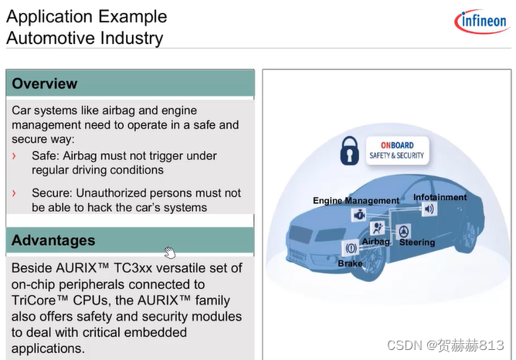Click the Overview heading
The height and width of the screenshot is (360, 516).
[x=45, y=83]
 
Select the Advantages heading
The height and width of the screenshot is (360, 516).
[x=53, y=240]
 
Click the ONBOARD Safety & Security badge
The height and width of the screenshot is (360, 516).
[x=397, y=150]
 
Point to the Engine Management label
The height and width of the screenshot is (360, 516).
[x=356, y=201]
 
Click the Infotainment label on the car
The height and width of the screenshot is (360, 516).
[x=440, y=197]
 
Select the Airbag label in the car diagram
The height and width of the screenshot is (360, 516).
[x=376, y=242]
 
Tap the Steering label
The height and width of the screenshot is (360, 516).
[x=417, y=243]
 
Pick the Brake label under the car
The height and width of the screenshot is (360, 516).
[x=350, y=264]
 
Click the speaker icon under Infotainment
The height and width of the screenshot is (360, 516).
[x=429, y=209]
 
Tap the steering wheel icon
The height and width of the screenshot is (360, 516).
[x=405, y=230]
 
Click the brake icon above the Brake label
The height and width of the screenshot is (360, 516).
[x=350, y=250]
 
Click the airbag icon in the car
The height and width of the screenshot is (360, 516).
[x=378, y=229]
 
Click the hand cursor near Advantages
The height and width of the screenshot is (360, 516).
[x=169, y=253]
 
